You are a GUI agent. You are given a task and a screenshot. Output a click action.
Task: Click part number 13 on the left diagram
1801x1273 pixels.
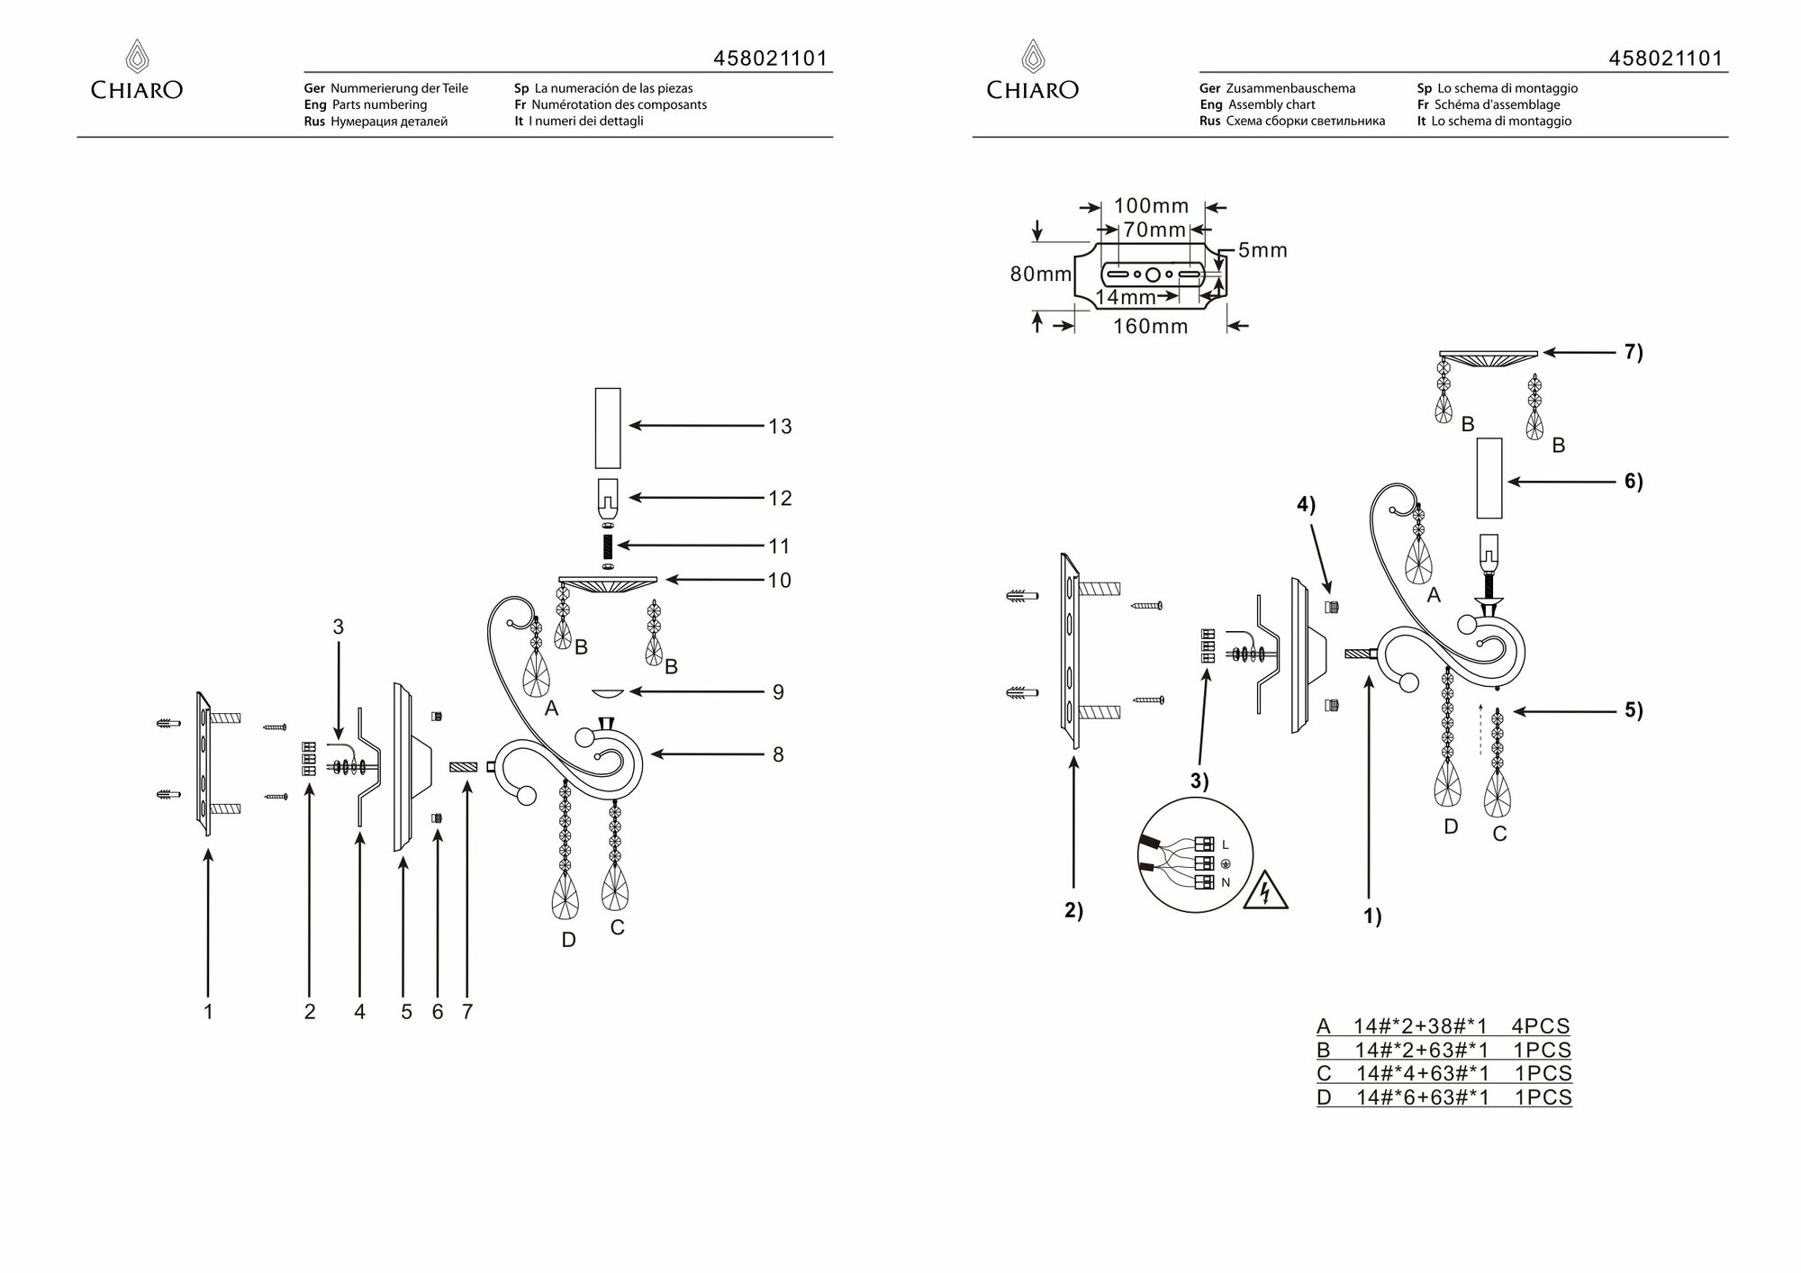(x=780, y=427)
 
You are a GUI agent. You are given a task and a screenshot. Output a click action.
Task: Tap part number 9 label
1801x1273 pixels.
(x=778, y=692)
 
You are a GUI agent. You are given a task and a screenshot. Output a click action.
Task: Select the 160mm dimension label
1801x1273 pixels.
(x=1150, y=327)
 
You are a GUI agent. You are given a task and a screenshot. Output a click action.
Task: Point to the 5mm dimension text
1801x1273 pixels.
(x=1263, y=251)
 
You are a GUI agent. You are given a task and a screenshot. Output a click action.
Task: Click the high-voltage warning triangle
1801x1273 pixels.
(x=1265, y=891)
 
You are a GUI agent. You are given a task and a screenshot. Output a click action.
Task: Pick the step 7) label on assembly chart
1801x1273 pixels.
(x=1634, y=353)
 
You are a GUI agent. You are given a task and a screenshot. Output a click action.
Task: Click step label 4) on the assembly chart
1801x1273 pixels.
(x=1306, y=506)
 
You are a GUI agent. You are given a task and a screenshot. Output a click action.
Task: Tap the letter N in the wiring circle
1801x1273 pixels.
(x=1226, y=883)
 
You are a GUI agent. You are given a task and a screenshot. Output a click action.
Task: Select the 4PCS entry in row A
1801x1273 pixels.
(x=1541, y=1026)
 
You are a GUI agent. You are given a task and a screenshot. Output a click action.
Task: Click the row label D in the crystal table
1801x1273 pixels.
(x=1324, y=1098)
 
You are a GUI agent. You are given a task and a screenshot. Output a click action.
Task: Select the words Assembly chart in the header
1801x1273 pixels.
(x=1272, y=105)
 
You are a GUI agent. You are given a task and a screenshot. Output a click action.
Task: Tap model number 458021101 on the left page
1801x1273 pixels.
(x=770, y=59)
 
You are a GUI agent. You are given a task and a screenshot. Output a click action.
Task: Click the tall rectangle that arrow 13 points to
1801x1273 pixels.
(x=608, y=428)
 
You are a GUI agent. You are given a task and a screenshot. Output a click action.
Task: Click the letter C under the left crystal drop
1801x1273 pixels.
(x=617, y=927)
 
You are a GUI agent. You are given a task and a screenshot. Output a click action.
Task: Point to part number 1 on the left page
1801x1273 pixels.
(x=208, y=1012)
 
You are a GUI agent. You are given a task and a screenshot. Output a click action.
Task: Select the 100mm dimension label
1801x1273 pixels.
(x=1151, y=206)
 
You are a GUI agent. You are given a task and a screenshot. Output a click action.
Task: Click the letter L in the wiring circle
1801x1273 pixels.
(x=1226, y=845)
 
